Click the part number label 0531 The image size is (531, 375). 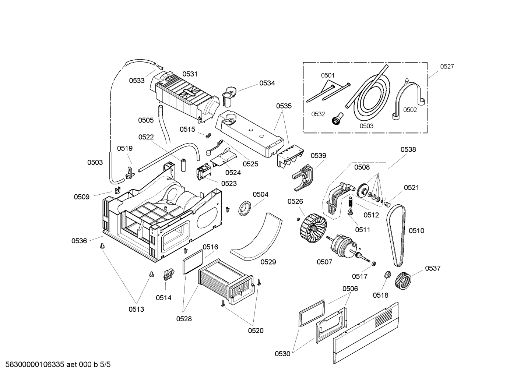(190, 74)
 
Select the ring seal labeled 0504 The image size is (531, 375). (245, 208)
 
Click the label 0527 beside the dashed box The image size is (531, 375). (447, 67)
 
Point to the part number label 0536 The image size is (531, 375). (79, 241)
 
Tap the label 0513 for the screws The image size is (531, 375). (136, 309)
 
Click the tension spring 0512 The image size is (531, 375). (351, 202)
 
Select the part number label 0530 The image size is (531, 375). (282, 354)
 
